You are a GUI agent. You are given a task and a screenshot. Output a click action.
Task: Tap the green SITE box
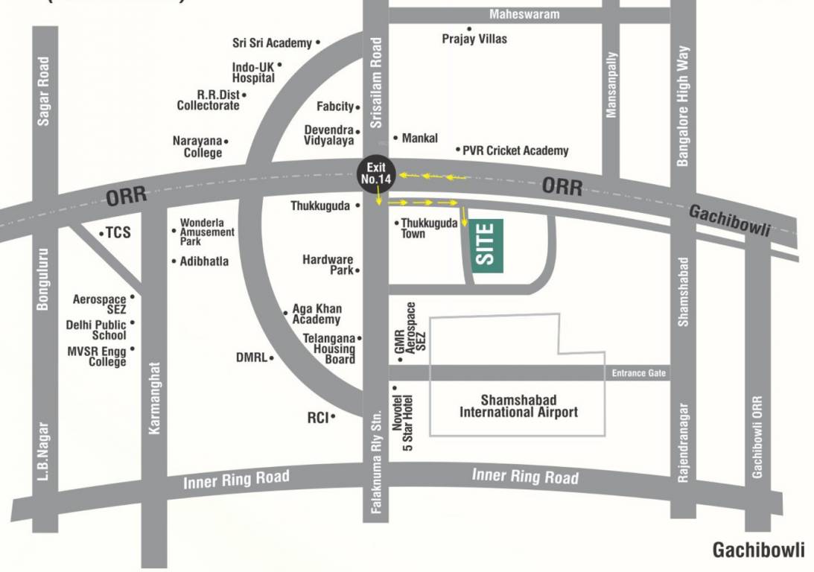(x=486, y=245)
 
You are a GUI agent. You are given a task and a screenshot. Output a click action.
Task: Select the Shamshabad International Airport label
(x=518, y=406)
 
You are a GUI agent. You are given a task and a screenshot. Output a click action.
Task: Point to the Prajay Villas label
(x=474, y=38)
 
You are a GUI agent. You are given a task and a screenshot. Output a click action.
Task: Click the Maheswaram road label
(x=524, y=14)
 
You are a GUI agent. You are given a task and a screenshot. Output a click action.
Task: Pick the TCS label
(x=117, y=232)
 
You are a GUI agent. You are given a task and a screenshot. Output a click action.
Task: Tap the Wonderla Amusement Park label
(x=207, y=232)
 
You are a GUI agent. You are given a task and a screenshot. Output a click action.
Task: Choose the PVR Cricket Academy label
(x=515, y=150)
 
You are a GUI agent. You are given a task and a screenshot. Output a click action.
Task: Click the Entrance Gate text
(x=638, y=372)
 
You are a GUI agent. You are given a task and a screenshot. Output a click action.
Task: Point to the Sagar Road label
(x=44, y=90)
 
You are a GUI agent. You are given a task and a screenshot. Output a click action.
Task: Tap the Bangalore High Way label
(x=683, y=106)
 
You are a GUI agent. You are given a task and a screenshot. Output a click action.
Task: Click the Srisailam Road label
(x=376, y=84)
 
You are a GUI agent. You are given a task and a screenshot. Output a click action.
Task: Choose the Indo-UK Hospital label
(x=253, y=72)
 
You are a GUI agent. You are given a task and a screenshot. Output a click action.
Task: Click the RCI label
(x=318, y=418)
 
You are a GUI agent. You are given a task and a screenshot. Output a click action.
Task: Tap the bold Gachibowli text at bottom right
(x=758, y=550)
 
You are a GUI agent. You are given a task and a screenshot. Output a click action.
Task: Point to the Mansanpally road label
(x=611, y=84)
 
